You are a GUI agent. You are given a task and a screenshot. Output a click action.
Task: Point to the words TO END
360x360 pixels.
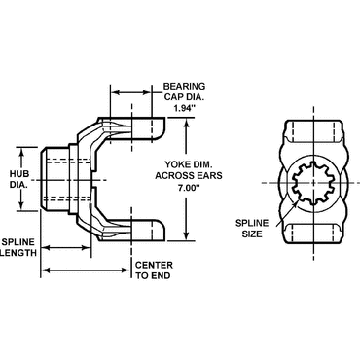pyautogui.click(x=153, y=277)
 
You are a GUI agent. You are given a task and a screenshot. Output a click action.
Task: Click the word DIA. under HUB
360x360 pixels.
pyautogui.click(x=20, y=163)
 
